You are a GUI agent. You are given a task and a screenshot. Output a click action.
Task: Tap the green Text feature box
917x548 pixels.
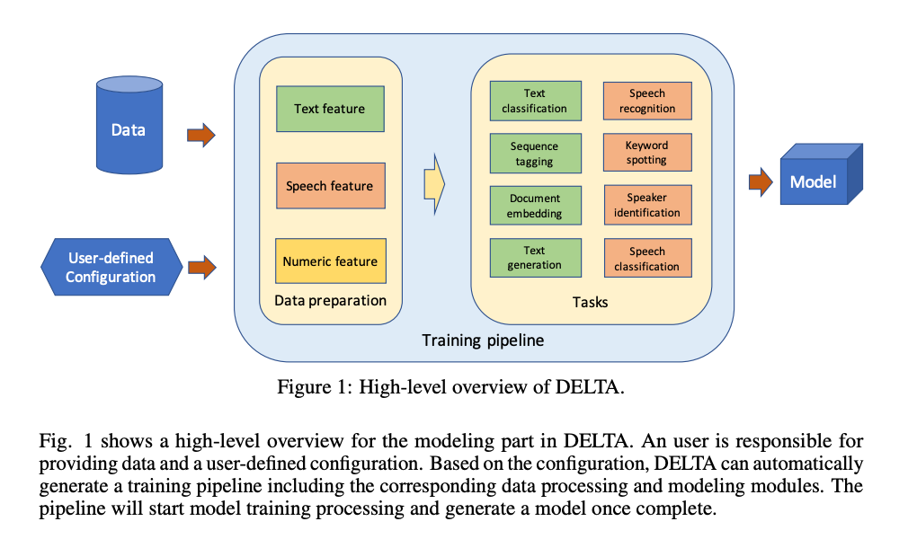[330, 109]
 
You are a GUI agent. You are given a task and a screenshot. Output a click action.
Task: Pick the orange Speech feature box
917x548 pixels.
[330, 186]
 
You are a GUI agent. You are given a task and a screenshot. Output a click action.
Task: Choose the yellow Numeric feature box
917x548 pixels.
[330, 261]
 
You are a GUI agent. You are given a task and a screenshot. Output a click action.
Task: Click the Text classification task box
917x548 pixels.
[535, 101]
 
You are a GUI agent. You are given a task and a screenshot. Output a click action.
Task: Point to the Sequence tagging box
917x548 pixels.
[535, 154]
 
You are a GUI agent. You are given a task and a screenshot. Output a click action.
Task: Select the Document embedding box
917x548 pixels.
[535, 206]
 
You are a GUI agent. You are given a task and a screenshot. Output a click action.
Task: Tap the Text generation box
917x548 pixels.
[535, 258]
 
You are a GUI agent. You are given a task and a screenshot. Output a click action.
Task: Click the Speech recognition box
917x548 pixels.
[647, 101]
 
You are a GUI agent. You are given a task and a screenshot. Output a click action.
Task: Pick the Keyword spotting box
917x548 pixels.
[647, 153]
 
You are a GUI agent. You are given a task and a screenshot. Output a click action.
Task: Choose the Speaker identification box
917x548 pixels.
[647, 205]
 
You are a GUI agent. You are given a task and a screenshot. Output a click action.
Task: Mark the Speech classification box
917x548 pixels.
[647, 259]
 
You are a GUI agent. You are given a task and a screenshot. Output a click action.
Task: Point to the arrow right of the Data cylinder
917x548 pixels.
[201, 136]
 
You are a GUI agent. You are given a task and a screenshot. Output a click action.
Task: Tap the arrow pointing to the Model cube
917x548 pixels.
[761, 182]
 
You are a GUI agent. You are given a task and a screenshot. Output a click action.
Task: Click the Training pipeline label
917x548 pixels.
[483, 340]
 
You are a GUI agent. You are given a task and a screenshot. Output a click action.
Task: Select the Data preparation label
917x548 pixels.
[330, 300]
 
